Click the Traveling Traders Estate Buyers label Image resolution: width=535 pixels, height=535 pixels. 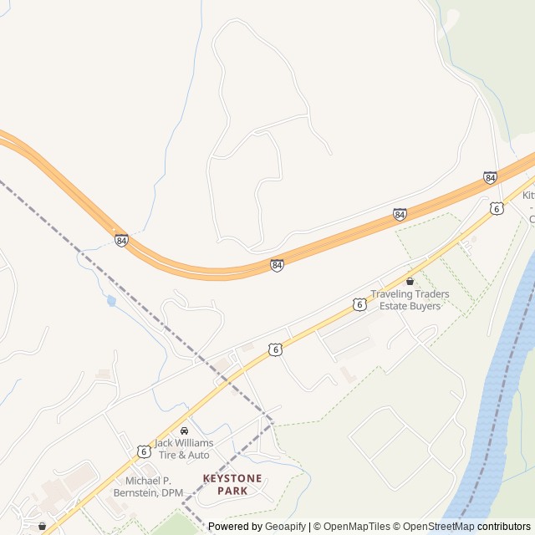410,300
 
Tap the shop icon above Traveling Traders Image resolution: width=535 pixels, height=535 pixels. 410,282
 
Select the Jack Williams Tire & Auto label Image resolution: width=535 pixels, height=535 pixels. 183,449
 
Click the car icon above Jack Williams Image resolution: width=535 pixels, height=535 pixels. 184,431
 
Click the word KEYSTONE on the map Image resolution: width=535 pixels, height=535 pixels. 232,478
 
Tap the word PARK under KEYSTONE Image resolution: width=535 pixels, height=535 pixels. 232,491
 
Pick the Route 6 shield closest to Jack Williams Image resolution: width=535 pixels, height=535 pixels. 144,451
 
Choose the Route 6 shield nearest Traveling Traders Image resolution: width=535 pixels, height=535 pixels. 359,304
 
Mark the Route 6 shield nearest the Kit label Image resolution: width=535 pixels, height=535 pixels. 497,208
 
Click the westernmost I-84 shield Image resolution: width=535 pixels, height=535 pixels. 122,240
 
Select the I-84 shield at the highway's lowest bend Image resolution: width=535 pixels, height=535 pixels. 277,265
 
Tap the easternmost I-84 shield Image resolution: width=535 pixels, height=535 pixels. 490,177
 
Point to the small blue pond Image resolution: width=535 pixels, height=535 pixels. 111,300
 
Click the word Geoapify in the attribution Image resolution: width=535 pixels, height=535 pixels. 285,527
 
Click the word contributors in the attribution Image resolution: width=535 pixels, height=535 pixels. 504,527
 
